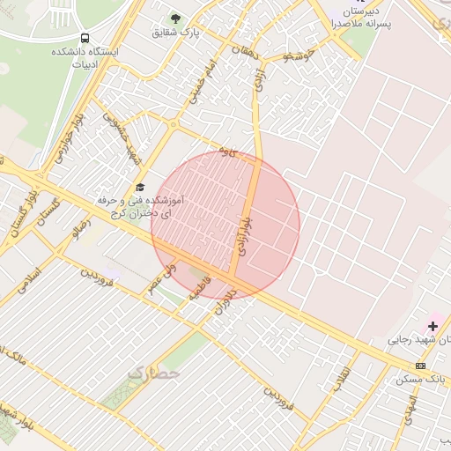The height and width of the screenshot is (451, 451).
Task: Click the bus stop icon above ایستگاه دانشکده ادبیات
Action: point(85,39)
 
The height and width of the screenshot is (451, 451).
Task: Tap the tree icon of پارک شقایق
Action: point(174,18)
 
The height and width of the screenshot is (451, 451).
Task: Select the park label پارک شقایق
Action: point(176,33)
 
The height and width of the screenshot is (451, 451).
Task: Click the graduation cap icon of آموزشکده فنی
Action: point(139,188)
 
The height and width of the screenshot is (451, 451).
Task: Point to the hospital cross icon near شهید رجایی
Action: point(432,326)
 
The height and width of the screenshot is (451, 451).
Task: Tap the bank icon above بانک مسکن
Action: point(421,366)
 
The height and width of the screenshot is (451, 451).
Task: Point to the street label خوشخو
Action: point(299,56)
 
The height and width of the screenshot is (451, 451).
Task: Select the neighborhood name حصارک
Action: point(153,373)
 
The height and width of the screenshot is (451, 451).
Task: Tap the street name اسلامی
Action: point(29,280)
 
